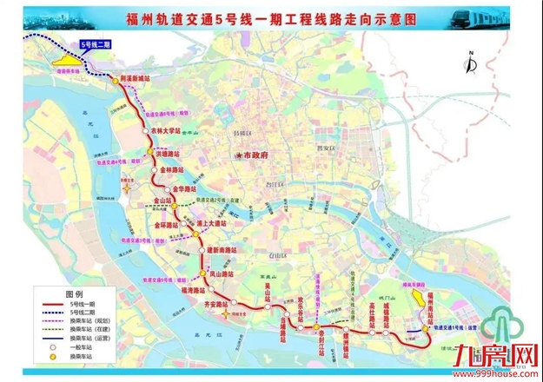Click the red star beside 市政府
(x=236, y=155)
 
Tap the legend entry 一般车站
(x=75, y=346)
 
